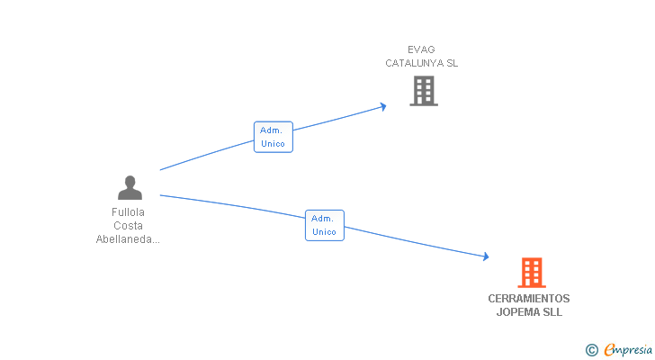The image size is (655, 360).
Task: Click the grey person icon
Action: click(x=130, y=187)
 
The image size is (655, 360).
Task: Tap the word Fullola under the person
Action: click(x=129, y=212)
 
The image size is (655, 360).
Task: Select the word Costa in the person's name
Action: click(x=129, y=226)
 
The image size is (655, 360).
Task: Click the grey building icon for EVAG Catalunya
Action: click(x=424, y=91)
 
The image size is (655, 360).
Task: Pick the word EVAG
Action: click(x=421, y=49)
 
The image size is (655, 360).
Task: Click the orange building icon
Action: click(x=532, y=273)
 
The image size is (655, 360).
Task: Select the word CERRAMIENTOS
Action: click(x=529, y=299)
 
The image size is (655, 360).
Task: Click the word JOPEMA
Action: click(x=518, y=312)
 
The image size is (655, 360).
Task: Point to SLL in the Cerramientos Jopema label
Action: click(x=552, y=312)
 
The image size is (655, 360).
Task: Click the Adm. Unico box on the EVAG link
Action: click(x=274, y=137)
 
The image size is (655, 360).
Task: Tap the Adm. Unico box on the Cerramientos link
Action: click(x=325, y=226)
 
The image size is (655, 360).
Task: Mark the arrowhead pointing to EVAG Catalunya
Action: click(x=382, y=106)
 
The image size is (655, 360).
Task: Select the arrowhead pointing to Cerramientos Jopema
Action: click(x=486, y=256)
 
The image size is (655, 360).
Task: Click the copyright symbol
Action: click(x=591, y=350)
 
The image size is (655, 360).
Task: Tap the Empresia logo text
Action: click(x=628, y=350)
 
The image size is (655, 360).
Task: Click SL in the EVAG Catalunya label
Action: click(x=453, y=63)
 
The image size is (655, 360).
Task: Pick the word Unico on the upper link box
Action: click(x=273, y=144)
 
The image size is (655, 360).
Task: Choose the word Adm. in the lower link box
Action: click(x=322, y=219)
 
